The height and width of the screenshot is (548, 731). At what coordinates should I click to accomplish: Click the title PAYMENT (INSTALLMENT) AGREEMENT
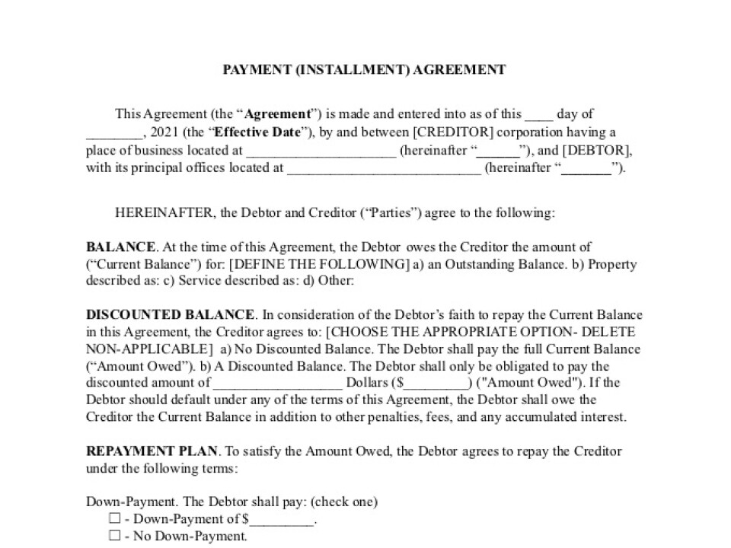click(x=364, y=70)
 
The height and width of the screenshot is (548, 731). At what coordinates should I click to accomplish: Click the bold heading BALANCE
click(x=120, y=247)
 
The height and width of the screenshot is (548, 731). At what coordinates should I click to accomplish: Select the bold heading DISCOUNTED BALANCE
click(x=170, y=315)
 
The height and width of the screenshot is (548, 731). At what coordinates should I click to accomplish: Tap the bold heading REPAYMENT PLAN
click(x=152, y=451)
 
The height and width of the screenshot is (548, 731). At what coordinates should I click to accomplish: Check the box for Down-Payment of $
click(x=115, y=519)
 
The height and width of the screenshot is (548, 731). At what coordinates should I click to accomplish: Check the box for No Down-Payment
click(x=115, y=537)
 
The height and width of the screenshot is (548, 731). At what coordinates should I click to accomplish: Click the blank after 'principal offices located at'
click(x=384, y=169)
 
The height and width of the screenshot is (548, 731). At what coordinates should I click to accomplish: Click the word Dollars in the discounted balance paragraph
click(x=367, y=383)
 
